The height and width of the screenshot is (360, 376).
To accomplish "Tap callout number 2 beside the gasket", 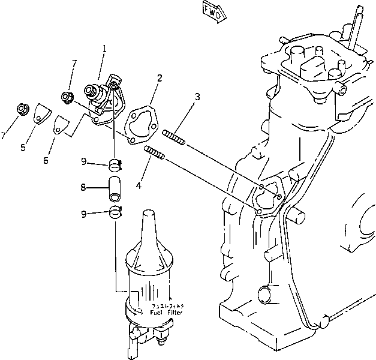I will tap(160, 77).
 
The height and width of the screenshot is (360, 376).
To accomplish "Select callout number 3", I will tap(197, 97).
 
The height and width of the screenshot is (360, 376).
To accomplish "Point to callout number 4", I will tap(139, 186).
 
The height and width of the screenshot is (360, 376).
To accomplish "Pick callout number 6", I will tap(46, 160).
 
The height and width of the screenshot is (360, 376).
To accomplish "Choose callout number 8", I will tap(83, 187).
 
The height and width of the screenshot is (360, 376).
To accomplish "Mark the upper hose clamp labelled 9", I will tap(116, 163).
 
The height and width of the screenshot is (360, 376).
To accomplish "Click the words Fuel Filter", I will tap(166, 313).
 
